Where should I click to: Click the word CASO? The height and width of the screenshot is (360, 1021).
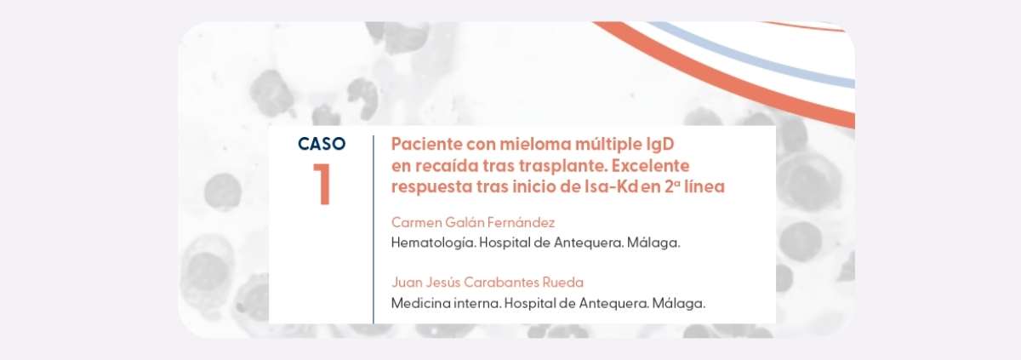click(322, 144)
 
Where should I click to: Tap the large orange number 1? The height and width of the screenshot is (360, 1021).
click(322, 184)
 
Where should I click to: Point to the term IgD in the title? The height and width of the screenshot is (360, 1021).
click(660, 145)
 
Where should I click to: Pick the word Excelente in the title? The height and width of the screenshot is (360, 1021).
click(650, 165)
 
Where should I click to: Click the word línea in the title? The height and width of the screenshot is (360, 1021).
click(704, 187)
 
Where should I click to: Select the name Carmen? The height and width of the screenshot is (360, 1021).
click(417, 222)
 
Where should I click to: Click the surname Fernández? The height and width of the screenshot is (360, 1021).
click(521, 222)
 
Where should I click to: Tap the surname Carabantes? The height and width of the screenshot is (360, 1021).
click(501, 283)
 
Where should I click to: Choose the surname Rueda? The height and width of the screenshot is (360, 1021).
click(563, 283)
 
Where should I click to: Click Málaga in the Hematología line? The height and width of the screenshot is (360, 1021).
click(653, 243)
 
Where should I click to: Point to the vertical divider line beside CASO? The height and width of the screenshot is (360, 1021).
click(374, 229)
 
